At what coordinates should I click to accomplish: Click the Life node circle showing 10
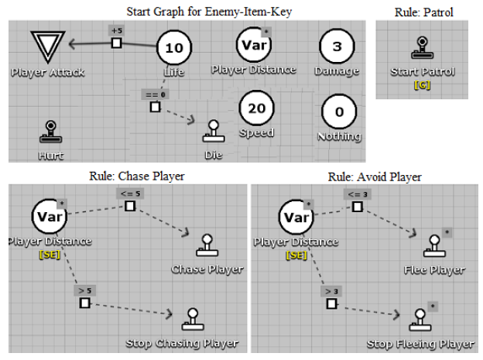click(x=174, y=49)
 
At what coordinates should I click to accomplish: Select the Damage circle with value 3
click(x=337, y=46)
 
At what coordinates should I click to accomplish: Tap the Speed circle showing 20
click(x=256, y=108)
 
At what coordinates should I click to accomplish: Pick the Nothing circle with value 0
click(x=338, y=112)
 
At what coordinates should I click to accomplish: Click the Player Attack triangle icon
click(x=48, y=46)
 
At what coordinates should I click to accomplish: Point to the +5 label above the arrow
click(x=116, y=31)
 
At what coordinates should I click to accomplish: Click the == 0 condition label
click(x=154, y=94)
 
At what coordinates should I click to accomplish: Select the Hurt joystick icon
click(x=50, y=132)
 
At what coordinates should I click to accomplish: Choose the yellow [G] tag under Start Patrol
click(x=423, y=84)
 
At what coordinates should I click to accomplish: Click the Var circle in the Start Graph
click(x=254, y=44)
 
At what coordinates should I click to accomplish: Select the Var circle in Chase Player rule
click(x=48, y=214)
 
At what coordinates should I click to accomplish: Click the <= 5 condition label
click(x=128, y=194)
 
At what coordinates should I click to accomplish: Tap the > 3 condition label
click(x=331, y=291)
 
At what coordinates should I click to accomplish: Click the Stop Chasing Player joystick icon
click(x=190, y=319)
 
